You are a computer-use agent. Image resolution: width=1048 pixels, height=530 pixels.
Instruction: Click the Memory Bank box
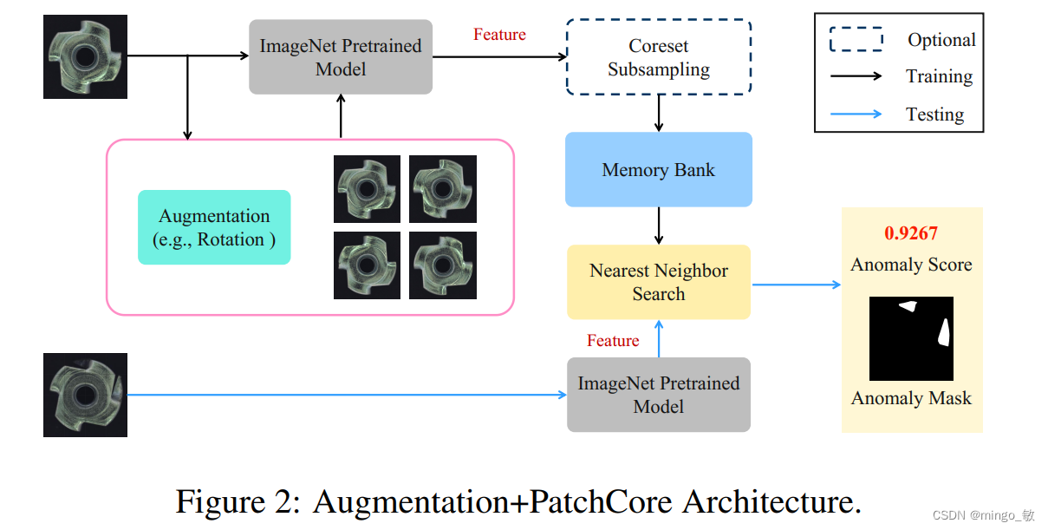(658, 170)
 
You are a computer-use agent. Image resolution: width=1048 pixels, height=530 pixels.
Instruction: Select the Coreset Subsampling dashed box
(658, 57)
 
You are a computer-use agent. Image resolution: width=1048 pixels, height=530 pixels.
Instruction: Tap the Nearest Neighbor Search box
(658, 283)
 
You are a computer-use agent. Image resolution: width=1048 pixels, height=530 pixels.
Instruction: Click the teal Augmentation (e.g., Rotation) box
(214, 228)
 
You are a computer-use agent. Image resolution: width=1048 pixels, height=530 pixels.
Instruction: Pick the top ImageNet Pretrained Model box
(340, 57)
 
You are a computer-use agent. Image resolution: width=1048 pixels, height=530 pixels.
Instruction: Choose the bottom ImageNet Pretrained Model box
(658, 396)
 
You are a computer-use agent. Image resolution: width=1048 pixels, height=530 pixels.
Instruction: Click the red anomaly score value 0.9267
(911, 233)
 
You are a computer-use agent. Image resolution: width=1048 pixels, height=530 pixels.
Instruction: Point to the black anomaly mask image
(911, 338)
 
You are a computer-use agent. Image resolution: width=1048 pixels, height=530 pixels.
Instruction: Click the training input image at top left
(85, 57)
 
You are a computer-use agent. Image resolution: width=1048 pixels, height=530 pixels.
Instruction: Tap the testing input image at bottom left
(85, 395)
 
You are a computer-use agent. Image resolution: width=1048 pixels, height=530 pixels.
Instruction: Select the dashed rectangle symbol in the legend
(856, 40)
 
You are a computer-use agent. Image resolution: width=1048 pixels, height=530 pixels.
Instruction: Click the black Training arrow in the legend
(856, 76)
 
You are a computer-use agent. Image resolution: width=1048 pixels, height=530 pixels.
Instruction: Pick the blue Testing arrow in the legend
(856, 114)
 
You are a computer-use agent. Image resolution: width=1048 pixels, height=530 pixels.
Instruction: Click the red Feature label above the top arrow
(499, 35)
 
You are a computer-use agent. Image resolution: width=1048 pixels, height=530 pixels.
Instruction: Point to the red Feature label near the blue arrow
(613, 341)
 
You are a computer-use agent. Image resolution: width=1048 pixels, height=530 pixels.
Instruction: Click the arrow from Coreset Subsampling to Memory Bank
(659, 113)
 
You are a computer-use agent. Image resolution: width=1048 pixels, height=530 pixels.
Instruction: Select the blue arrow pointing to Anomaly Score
(796, 284)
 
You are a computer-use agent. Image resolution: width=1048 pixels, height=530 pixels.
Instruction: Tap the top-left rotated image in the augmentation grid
(367, 189)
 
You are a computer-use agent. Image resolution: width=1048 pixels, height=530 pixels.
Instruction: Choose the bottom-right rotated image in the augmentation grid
(442, 265)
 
